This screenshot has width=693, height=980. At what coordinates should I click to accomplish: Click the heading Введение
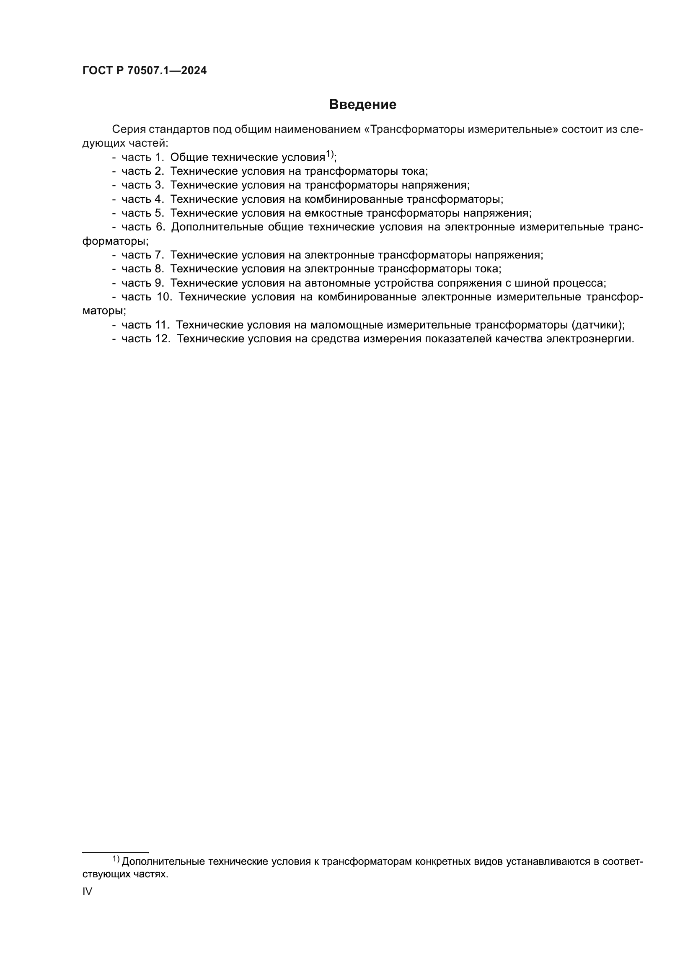point(362,105)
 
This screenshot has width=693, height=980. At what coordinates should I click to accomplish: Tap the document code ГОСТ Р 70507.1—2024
point(144,71)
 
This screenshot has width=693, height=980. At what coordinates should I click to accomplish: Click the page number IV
point(87,891)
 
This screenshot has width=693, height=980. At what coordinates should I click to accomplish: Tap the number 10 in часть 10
point(164,297)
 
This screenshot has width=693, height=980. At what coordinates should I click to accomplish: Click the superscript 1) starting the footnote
point(116,858)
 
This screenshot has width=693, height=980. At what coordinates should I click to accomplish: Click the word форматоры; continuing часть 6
point(115,241)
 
